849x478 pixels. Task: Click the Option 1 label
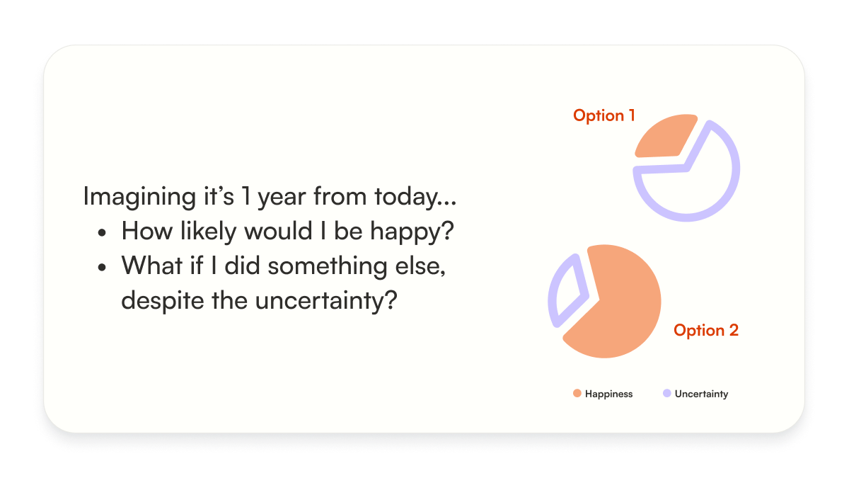pyautogui.click(x=603, y=115)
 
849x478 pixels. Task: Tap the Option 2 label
pyautogui.click(x=706, y=330)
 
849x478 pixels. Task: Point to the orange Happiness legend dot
pyautogui.click(x=577, y=394)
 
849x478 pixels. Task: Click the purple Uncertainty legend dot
pyautogui.click(x=666, y=394)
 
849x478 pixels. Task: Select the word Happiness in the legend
pyautogui.click(x=608, y=394)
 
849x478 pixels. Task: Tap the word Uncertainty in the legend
pyautogui.click(x=702, y=394)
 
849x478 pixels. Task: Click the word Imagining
pyautogui.click(x=139, y=198)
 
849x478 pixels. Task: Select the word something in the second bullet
pyautogui.click(x=328, y=267)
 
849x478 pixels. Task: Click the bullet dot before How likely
pyautogui.click(x=102, y=232)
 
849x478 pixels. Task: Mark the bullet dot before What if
pyautogui.click(x=102, y=267)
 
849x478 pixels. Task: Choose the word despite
pyautogui.click(x=163, y=301)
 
